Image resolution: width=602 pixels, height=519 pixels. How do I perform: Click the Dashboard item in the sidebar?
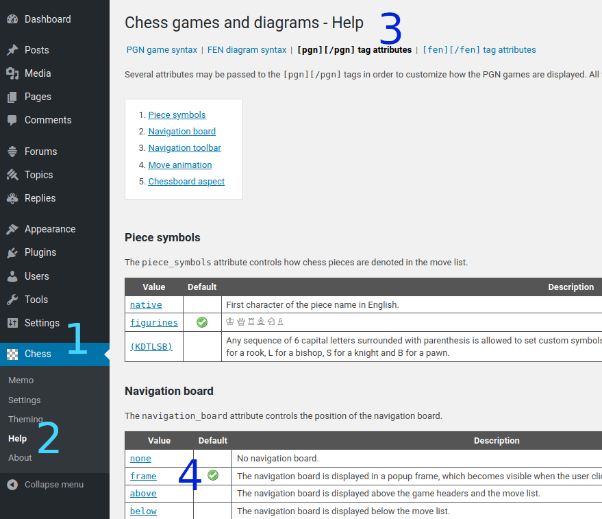pyautogui.click(x=47, y=19)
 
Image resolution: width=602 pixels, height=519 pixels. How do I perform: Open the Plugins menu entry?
pyautogui.click(x=40, y=252)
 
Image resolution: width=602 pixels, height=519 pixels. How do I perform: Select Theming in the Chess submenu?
pyautogui.click(x=25, y=419)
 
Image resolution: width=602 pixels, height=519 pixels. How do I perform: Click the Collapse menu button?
pyautogui.click(x=53, y=485)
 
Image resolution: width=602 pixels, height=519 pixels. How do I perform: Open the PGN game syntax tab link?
pyautogui.click(x=162, y=50)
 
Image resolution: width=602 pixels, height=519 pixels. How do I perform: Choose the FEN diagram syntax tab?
pyautogui.click(x=247, y=50)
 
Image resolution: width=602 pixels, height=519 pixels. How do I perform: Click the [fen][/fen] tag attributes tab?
pyautogui.click(x=479, y=50)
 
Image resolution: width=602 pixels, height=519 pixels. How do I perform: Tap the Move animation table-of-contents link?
pyautogui.click(x=179, y=165)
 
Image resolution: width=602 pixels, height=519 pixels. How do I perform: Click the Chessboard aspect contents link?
pyautogui.click(x=186, y=182)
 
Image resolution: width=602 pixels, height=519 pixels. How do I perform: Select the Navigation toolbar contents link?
pyautogui.click(x=184, y=148)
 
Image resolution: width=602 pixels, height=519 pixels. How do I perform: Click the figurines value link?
pyautogui.click(x=153, y=323)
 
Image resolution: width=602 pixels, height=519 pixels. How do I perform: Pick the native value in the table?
pyautogui.click(x=146, y=305)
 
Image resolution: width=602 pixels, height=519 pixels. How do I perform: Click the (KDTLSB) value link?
pyautogui.click(x=151, y=347)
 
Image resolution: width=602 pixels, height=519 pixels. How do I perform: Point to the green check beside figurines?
pyautogui.click(x=202, y=322)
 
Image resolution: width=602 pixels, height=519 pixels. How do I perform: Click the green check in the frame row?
pyautogui.click(x=213, y=475)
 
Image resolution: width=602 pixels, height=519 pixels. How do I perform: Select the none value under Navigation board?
pyautogui.click(x=140, y=459)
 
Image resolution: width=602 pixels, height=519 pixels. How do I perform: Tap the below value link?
pyautogui.click(x=143, y=511)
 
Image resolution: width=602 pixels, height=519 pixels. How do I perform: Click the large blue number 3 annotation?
pyautogui.click(x=390, y=29)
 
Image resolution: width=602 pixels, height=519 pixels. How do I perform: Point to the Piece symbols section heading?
pyautogui.click(x=162, y=238)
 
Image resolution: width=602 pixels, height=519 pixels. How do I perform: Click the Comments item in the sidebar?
pyautogui.click(x=48, y=120)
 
